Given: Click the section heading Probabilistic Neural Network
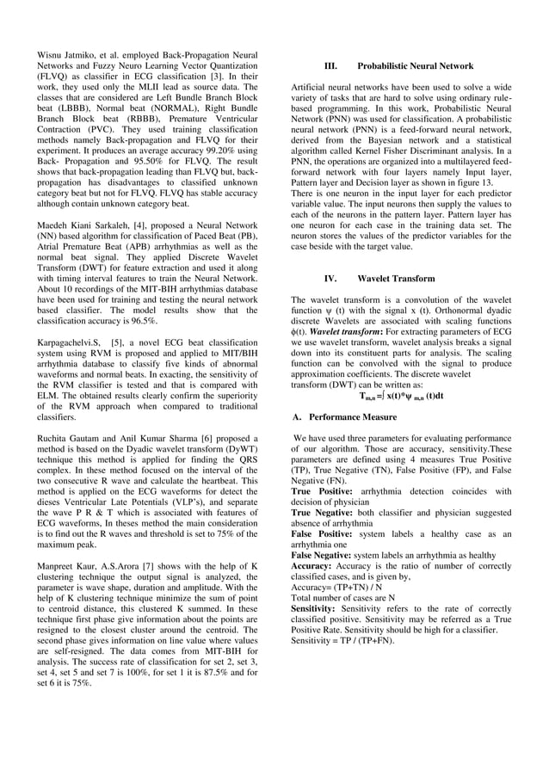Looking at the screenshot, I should click(415, 65).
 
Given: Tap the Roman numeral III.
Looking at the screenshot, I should click(330, 65).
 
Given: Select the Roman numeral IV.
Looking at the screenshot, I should click(330, 279).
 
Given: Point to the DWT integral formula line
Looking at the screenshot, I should click(402, 396).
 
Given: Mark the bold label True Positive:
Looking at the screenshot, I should click(323, 490).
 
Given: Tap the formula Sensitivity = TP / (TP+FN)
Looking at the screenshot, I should click(342, 641).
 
